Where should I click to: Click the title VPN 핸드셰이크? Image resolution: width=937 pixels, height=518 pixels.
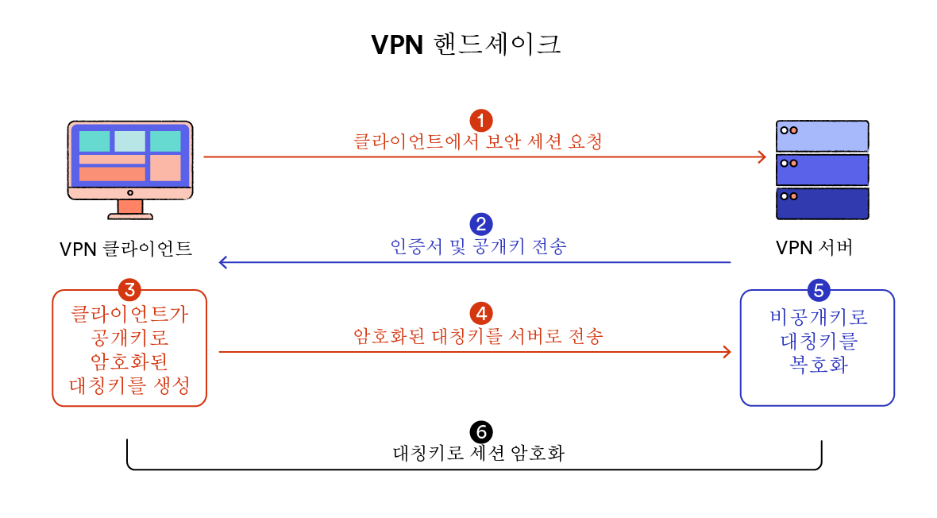pyautogui.click(x=467, y=44)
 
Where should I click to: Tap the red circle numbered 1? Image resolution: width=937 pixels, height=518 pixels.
pyautogui.click(x=481, y=121)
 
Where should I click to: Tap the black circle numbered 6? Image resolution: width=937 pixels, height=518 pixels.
pyautogui.click(x=481, y=432)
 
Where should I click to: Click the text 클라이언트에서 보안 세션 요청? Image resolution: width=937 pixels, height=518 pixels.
pyautogui.click(x=478, y=142)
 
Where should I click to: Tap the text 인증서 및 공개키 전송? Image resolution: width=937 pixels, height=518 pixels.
pyautogui.click(x=479, y=246)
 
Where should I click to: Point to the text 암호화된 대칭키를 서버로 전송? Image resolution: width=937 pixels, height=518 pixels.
pyautogui.click(x=478, y=335)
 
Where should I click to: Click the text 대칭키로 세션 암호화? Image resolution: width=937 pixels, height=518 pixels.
pyautogui.click(x=479, y=454)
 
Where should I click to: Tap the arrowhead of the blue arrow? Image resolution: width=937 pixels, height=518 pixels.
pyautogui.click(x=224, y=262)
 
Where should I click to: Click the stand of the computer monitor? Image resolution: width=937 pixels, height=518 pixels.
pyautogui.click(x=129, y=209)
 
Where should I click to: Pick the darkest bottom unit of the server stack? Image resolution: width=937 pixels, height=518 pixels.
pyautogui.click(x=822, y=203)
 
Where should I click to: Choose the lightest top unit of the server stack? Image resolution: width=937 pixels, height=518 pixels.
pyautogui.click(x=822, y=136)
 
